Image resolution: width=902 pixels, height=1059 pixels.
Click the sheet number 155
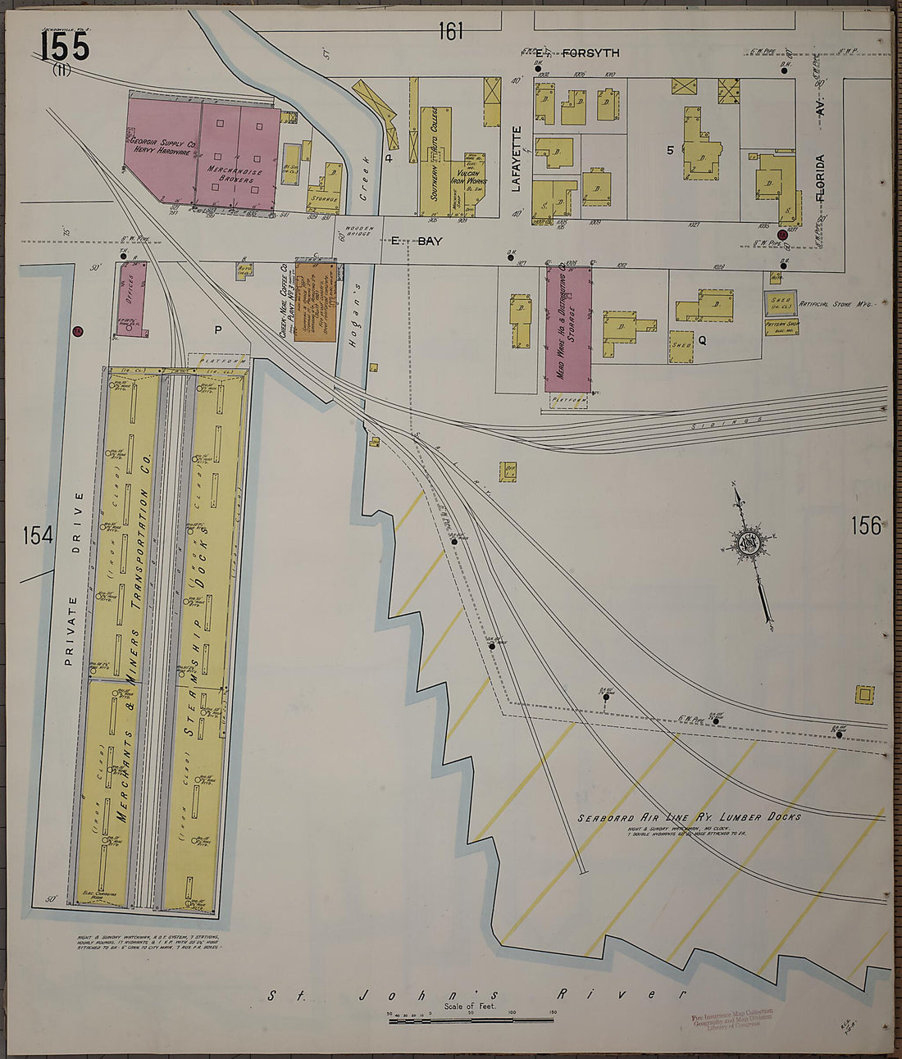tap(65, 46)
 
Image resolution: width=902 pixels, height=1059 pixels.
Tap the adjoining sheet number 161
tap(451, 31)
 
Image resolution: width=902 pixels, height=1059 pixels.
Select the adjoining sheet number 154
tap(38, 536)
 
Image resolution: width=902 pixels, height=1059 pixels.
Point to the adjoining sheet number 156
tap(865, 525)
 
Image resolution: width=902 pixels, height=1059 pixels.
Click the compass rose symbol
tap(750, 543)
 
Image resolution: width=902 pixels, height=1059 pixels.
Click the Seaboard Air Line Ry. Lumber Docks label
tap(688, 817)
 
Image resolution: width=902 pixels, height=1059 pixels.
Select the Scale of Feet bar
tap(471, 1020)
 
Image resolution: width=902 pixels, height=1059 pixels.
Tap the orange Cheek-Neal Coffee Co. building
tap(317, 301)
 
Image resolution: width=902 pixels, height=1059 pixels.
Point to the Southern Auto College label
tap(434, 156)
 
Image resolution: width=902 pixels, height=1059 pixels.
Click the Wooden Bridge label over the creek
tap(359, 232)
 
